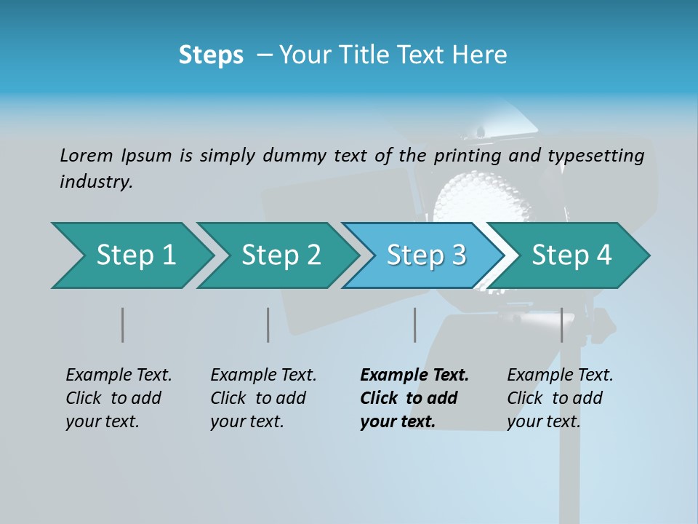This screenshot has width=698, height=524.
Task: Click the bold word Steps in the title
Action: coord(211,55)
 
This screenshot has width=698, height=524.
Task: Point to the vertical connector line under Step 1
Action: coord(123,325)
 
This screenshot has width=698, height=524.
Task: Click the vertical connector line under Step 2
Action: coord(268,325)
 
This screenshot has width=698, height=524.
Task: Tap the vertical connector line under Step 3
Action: coord(414,325)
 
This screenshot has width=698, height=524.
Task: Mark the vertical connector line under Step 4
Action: coord(561,325)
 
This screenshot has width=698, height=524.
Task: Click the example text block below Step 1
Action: coord(119,398)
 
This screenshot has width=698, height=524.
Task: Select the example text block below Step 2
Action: coord(263,398)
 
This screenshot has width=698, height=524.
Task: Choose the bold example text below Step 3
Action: coord(414,398)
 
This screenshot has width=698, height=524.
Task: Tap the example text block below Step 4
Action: coord(560,398)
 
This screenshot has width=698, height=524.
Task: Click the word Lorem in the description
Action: coord(87,155)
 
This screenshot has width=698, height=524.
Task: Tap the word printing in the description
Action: coord(468,156)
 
